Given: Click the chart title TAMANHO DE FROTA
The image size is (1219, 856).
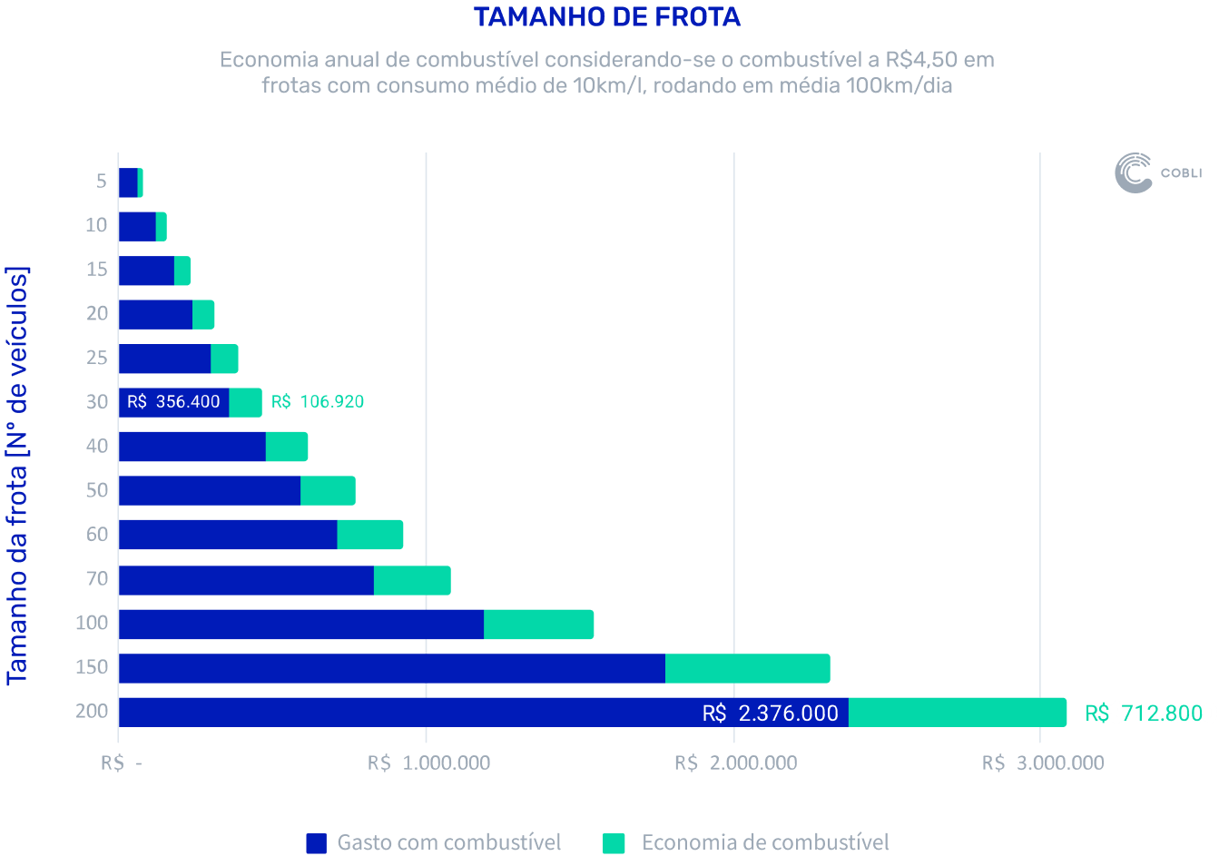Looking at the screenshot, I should coord(606,17).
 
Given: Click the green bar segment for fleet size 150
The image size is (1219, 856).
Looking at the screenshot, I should coord(747,668).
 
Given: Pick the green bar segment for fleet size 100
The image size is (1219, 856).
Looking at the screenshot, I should coord(538,625).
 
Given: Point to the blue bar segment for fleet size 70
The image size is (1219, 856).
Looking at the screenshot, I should coord(246,580).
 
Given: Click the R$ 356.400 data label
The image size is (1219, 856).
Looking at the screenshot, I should coord(173,401).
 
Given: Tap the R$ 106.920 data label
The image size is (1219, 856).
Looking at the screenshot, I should coord(318,401).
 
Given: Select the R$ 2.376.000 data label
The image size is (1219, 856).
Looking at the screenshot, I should coord(770,713).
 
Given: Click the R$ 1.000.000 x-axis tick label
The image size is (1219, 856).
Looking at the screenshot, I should coord(428,763).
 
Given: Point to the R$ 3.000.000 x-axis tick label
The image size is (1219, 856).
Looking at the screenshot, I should coord(1043,763).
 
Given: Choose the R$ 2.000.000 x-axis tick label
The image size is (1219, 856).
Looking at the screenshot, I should coord(735,763).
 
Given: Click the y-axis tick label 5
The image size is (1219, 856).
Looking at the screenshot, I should coord(101,182).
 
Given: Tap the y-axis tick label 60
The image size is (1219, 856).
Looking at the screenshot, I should coord(97,535).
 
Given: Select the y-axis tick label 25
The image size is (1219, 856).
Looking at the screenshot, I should coord(97,358).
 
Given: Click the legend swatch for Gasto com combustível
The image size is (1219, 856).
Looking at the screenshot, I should coord(316,843).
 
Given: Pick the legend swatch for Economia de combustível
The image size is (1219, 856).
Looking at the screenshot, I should coord(614,843).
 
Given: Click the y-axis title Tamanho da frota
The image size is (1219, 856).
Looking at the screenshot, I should coord(17,475).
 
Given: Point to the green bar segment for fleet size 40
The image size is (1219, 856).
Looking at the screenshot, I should coord(287,447).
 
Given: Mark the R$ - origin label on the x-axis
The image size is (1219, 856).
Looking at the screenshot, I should coord(121,763).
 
